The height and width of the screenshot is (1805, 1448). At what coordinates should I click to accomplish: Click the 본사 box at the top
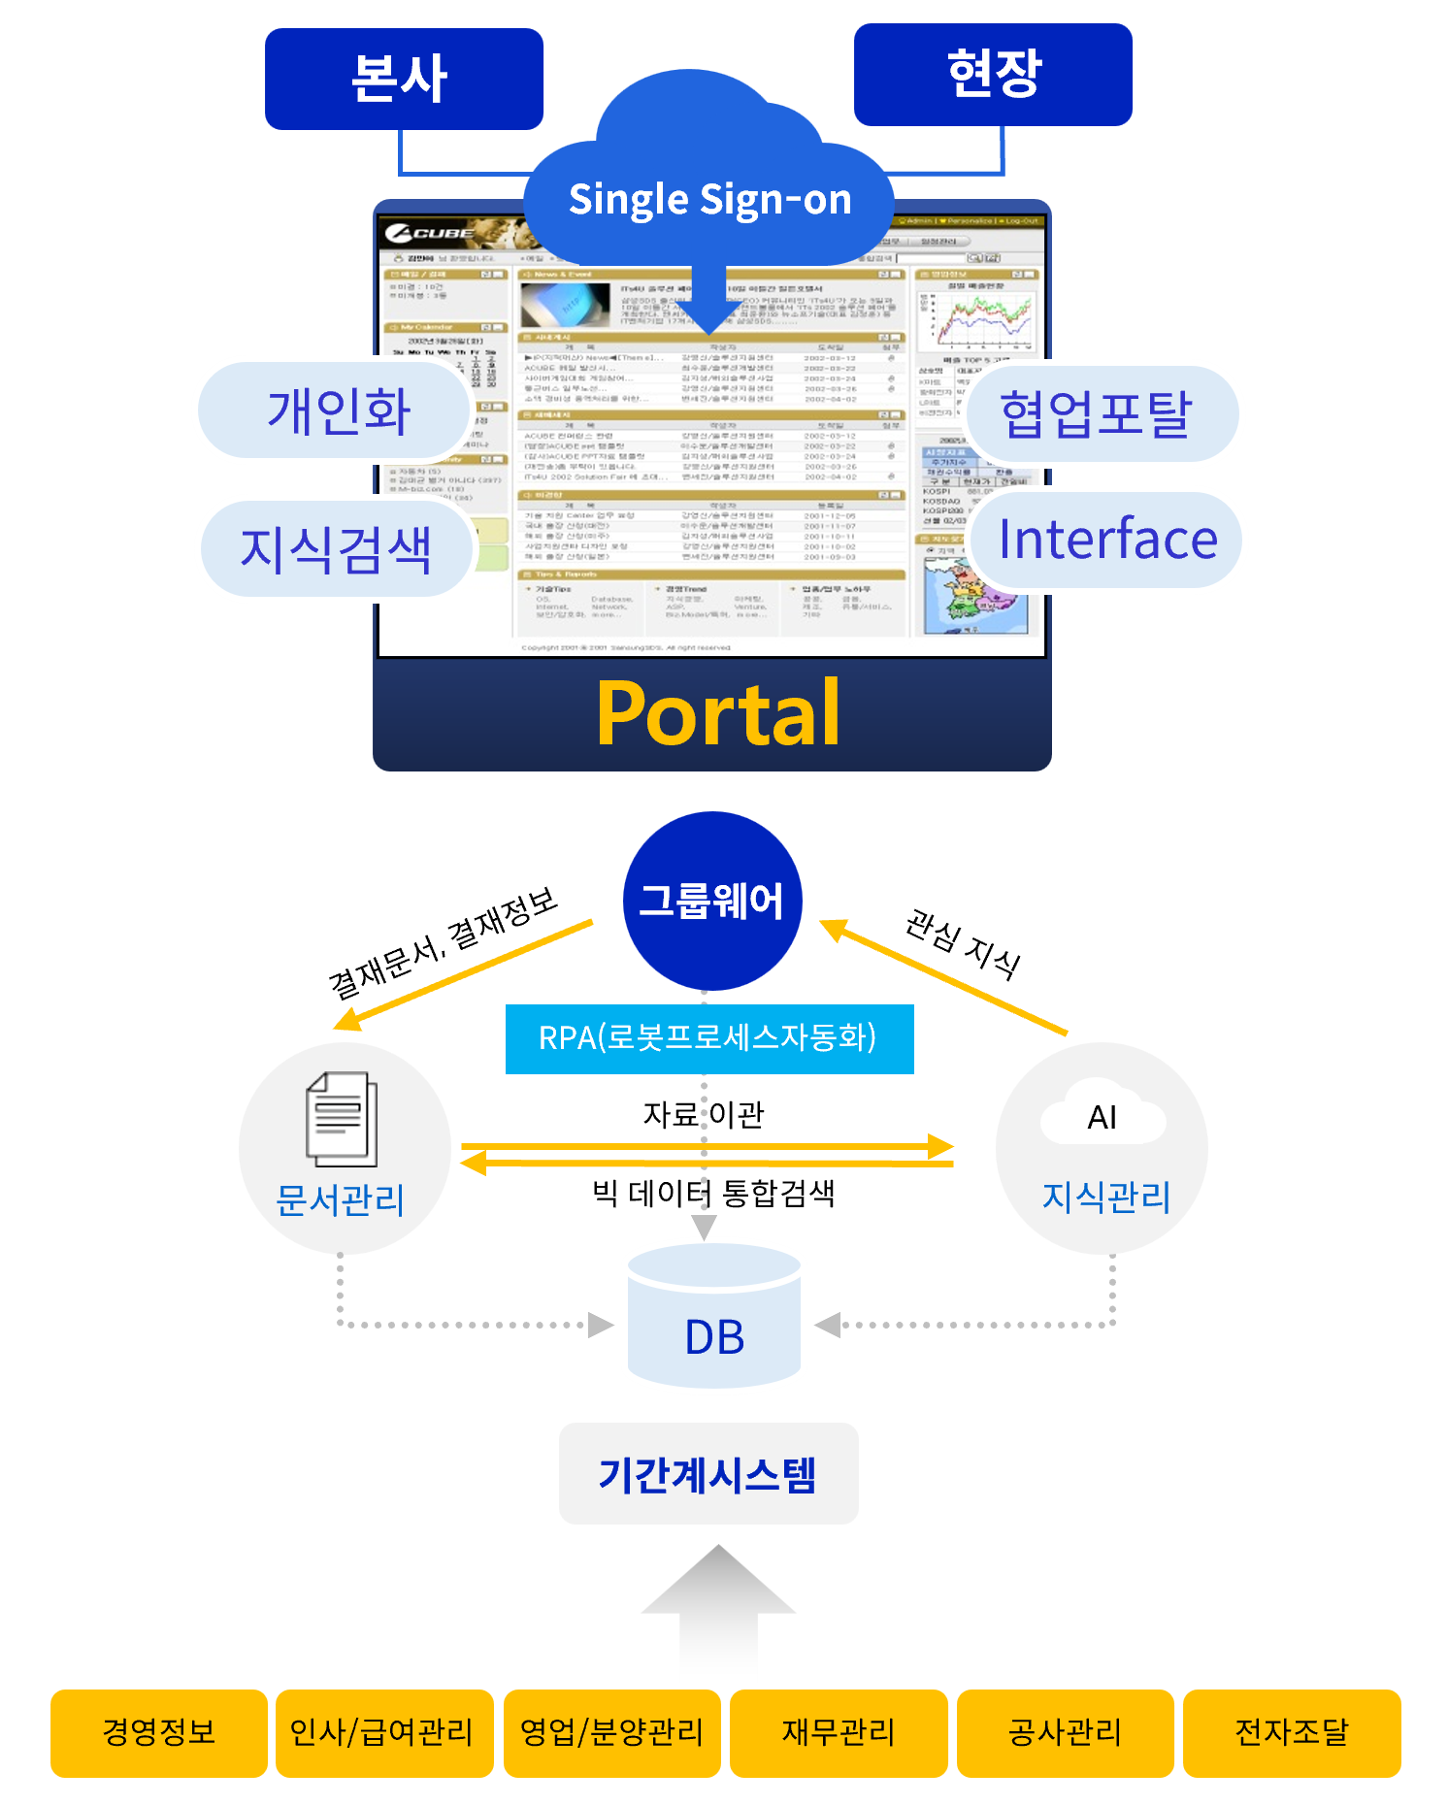pos(404,79)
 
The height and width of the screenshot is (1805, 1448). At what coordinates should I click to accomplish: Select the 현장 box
pos(993,75)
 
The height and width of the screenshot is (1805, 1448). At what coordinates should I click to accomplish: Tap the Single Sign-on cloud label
pos(709,199)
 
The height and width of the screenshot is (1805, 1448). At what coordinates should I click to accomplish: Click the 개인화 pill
pos(337,410)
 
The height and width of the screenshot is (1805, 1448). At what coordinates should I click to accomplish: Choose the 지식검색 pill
pos(335,549)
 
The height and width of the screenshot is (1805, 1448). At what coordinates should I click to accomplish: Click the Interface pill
pos(1107,540)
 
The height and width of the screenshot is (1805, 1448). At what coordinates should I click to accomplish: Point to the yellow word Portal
pos(717,714)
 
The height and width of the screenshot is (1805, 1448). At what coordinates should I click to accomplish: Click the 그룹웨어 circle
pos(711,901)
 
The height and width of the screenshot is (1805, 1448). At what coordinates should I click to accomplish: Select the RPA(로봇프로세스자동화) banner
pos(708,1038)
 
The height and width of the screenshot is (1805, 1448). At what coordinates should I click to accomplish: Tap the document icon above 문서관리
pos(342,1118)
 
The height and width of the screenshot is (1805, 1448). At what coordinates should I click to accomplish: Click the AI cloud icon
pos(1102,1117)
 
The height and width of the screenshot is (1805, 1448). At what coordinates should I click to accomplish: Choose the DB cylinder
pos(714,1320)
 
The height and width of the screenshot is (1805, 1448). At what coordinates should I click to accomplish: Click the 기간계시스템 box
pos(708,1473)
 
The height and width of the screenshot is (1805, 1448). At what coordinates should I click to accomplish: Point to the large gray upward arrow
pos(718,1611)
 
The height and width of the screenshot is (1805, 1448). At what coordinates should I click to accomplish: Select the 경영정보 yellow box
pos(158,1732)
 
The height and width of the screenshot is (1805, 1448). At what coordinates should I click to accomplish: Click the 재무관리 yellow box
pos(839,1732)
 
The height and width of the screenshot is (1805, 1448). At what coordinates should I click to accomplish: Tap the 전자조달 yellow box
pos(1291,1732)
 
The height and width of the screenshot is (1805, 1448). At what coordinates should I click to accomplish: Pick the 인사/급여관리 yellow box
pos(383,1732)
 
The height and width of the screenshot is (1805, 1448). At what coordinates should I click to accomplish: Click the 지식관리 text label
pos(1105,1197)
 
